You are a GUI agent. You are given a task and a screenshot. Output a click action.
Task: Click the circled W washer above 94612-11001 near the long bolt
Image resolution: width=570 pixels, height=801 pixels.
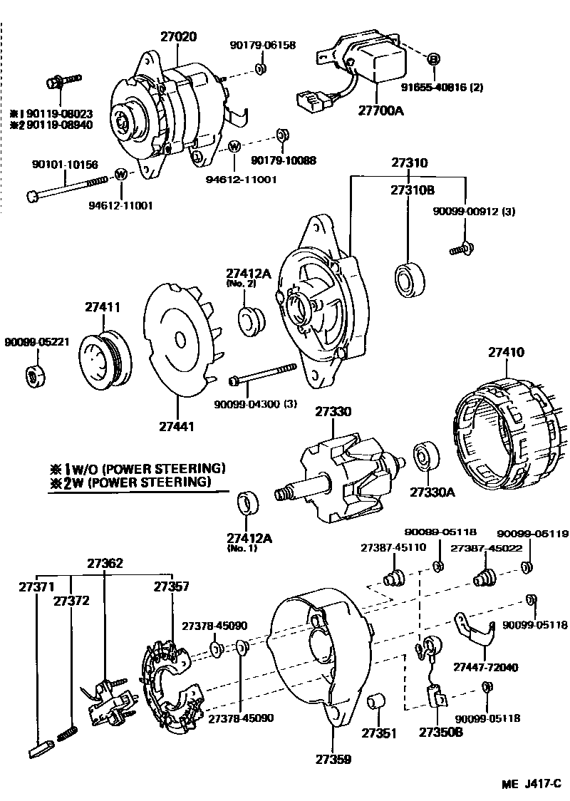point(120,174)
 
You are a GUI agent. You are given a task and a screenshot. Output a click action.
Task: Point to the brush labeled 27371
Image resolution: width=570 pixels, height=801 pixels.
point(40,748)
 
